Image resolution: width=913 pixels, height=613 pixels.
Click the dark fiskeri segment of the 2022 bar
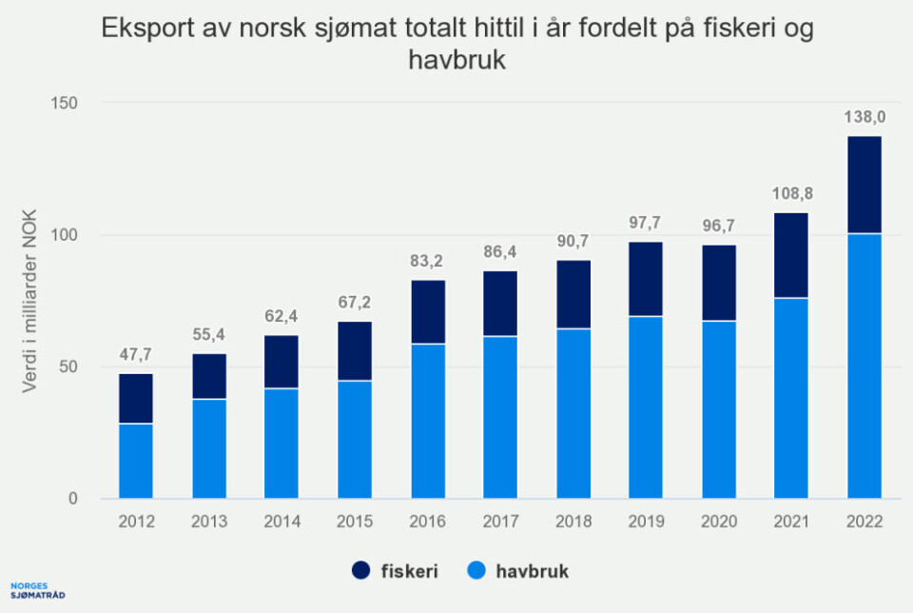(x=864, y=185)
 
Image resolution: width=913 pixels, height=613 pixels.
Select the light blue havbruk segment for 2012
(x=136, y=461)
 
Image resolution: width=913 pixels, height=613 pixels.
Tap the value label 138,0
(x=864, y=118)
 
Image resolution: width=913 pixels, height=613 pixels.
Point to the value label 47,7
(x=136, y=356)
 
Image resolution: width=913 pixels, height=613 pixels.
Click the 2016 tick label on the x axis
(x=427, y=522)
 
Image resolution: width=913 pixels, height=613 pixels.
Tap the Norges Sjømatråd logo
(x=38, y=590)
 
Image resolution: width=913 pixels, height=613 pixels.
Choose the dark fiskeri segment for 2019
(x=646, y=279)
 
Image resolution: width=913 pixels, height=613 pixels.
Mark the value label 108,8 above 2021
(x=791, y=194)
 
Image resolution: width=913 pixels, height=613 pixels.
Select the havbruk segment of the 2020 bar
(x=719, y=409)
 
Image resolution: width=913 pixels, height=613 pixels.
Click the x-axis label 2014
(x=282, y=522)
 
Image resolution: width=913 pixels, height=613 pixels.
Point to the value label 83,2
(x=427, y=262)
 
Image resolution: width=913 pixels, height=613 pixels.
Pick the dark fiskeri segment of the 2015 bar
(x=355, y=351)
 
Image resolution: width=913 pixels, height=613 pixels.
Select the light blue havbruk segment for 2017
(x=500, y=417)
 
